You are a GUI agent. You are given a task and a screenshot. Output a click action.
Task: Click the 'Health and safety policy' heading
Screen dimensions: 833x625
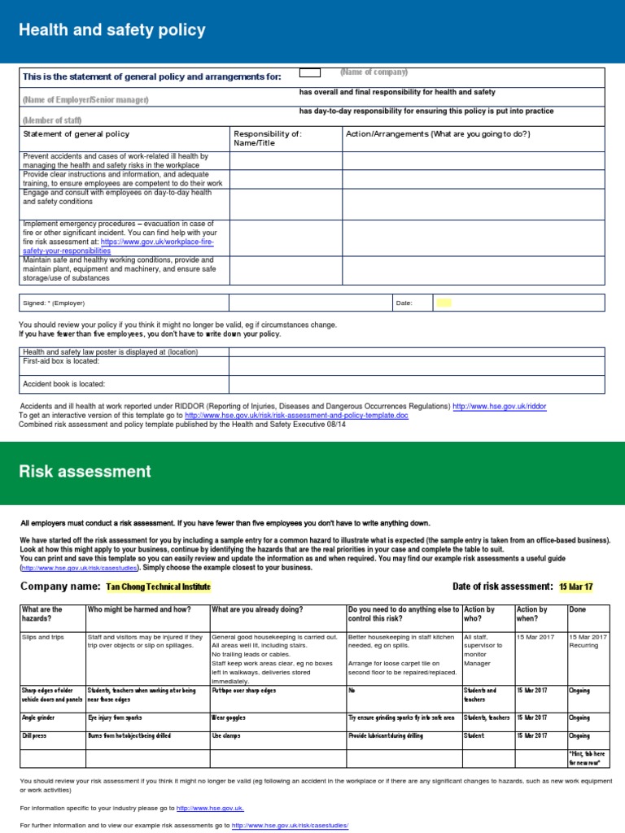point(111,31)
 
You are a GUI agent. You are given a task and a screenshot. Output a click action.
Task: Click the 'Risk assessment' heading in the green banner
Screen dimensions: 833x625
point(85,472)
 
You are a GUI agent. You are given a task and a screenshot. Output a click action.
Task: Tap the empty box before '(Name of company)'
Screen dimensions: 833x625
point(310,73)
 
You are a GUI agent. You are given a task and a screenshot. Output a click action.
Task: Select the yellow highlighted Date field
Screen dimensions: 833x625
point(444,303)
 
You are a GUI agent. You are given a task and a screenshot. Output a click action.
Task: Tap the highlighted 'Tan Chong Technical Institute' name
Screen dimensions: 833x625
point(158,587)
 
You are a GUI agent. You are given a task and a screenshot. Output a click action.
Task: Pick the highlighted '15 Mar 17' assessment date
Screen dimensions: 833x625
point(576,587)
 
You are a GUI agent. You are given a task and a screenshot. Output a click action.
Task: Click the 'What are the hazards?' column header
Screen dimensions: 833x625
point(42,613)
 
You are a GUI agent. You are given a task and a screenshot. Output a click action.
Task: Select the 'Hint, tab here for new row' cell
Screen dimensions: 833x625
point(586,759)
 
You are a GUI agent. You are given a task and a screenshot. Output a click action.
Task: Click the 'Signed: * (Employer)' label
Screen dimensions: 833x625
point(52,303)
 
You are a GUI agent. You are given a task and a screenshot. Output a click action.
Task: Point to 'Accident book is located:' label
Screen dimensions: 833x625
point(64,384)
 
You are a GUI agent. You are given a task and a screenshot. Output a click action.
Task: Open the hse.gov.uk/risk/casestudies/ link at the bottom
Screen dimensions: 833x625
point(290,825)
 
